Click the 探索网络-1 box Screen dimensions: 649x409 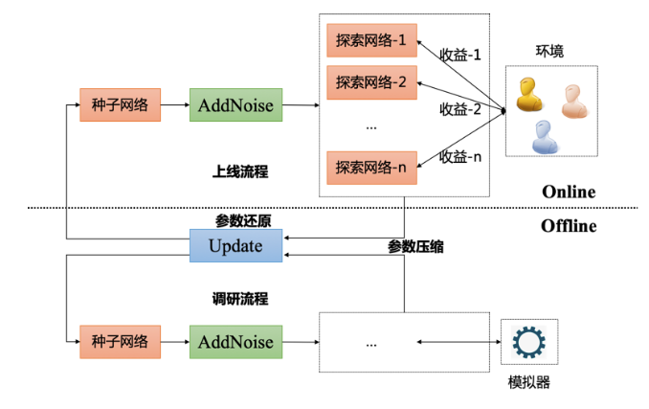tap(371, 40)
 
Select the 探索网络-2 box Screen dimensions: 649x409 tap(371, 82)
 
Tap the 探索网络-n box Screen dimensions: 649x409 tap(371, 168)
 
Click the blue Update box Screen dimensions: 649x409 tap(235, 245)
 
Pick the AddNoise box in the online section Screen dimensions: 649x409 tap(235, 104)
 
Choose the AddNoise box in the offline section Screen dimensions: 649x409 tap(235, 342)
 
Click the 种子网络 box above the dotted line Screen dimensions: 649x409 tap(120, 104)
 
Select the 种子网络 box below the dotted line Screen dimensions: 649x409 tap(120, 342)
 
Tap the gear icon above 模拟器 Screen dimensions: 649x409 tap(528, 342)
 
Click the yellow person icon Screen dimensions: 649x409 tap(528, 95)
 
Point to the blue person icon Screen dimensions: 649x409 tap(545, 137)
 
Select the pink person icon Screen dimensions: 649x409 tap(574, 102)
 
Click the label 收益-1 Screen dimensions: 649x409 tap(460, 55)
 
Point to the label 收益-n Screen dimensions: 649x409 tap(460, 157)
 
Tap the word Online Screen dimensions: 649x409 tap(569, 192)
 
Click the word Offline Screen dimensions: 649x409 tap(569, 226)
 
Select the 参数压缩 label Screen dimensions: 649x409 tap(415, 247)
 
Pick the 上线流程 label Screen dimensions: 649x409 tap(240, 171)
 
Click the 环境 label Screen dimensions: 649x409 tap(549, 51)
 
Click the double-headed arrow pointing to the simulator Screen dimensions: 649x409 tap(459, 342)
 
